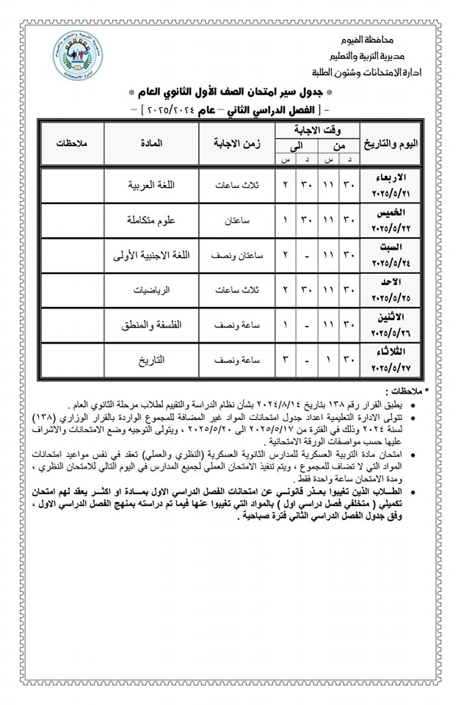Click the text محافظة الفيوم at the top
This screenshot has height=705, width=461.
(382, 38)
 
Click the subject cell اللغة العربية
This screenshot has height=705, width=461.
(151, 185)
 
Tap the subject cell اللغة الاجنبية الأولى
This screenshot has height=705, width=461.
(151, 256)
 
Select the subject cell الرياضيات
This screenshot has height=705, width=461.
(151, 290)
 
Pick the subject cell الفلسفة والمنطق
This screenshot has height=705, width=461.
(151, 325)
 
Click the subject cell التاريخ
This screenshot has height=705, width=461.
(151, 361)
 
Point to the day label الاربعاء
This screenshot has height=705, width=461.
(393, 178)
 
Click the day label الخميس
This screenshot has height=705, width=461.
(393, 214)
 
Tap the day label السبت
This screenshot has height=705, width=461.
(393, 249)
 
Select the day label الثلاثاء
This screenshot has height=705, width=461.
(393, 354)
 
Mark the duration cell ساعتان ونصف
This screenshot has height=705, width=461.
(236, 256)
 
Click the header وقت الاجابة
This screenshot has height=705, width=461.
(316, 130)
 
